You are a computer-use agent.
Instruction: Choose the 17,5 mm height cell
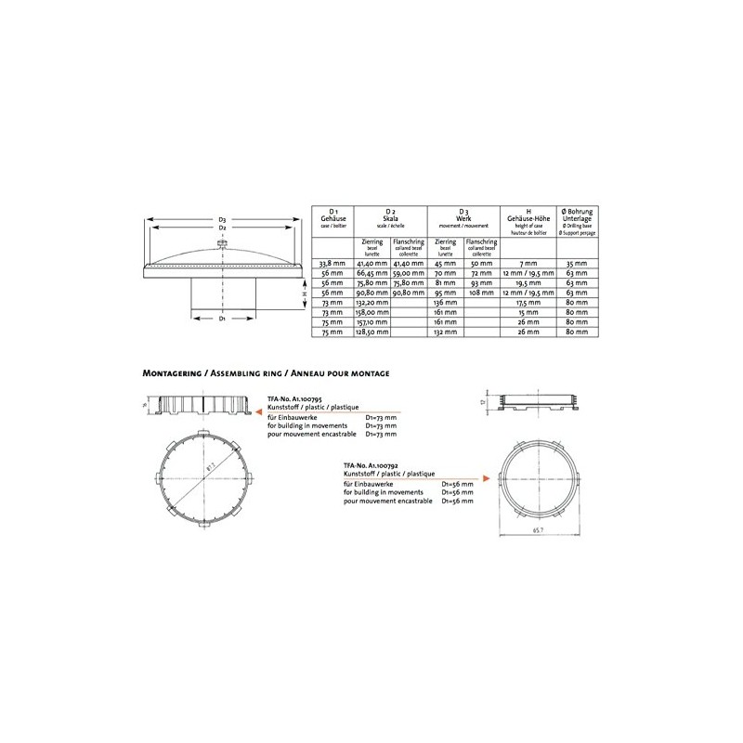coord(527,303)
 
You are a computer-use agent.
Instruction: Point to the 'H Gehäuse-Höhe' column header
coord(527,221)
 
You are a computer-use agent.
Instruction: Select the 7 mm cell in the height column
coord(527,264)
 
